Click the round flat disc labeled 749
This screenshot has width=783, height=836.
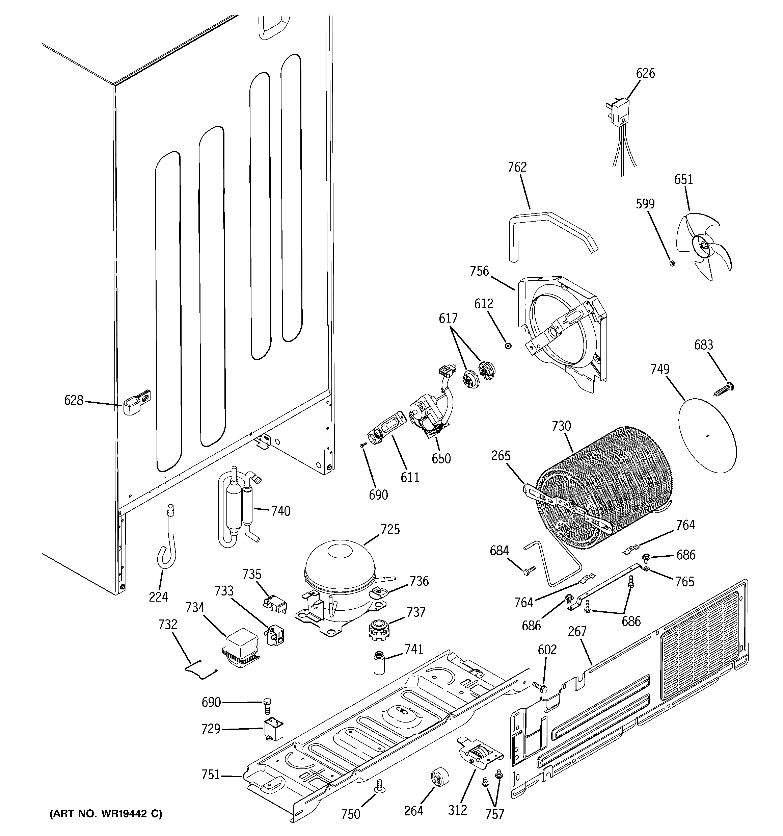[x=707, y=435]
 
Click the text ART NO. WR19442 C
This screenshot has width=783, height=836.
[x=106, y=814]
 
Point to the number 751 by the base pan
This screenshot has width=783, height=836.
[x=211, y=774]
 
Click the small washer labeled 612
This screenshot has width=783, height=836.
[x=508, y=346]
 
